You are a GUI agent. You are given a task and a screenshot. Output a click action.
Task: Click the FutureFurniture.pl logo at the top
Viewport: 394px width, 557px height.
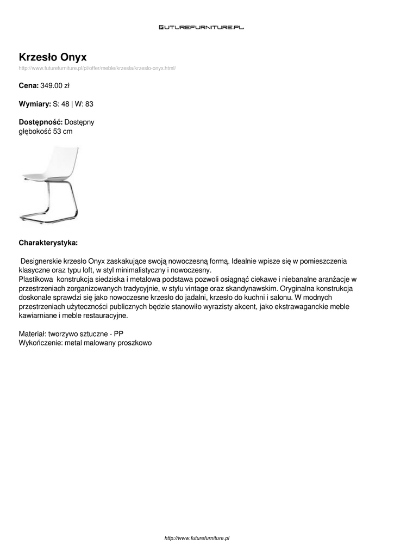click(x=201, y=26)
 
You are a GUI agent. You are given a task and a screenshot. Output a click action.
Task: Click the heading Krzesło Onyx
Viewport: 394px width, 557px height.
click(x=53, y=57)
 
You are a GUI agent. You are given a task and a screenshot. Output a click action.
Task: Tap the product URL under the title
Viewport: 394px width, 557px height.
click(x=97, y=68)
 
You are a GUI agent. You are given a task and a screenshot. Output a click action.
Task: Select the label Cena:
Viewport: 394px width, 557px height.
click(x=29, y=85)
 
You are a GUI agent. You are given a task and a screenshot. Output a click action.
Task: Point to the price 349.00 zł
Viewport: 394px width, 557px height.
click(x=55, y=85)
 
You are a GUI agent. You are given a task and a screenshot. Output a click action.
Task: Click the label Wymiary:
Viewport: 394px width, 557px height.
click(x=35, y=104)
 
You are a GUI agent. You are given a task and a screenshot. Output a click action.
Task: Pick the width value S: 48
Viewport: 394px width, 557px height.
click(x=61, y=104)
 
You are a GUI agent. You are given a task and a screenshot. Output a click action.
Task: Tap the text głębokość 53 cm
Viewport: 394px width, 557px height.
click(x=46, y=132)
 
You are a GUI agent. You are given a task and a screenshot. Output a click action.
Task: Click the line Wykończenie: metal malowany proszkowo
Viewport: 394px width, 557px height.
click(x=85, y=343)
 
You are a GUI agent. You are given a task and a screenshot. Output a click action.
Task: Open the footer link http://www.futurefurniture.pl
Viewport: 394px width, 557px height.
click(x=197, y=538)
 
